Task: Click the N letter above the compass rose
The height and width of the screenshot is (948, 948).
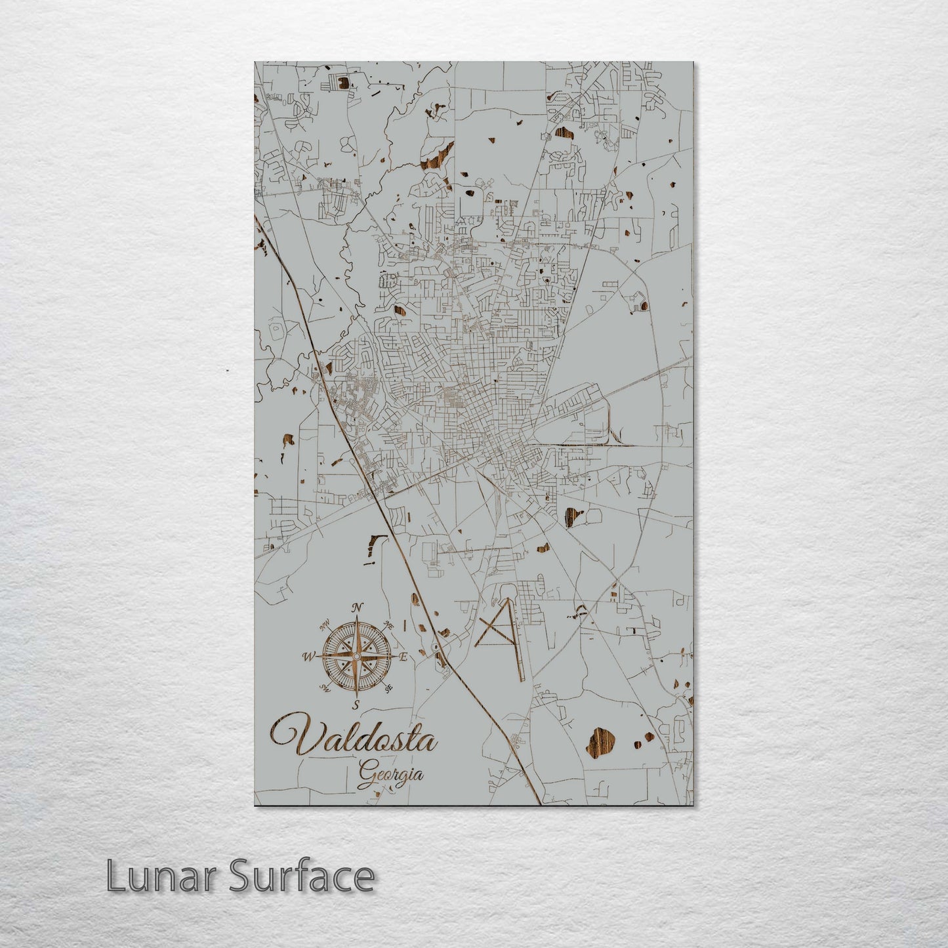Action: tap(357, 607)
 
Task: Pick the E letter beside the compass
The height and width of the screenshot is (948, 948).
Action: tap(404, 656)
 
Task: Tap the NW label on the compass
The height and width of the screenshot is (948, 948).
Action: tap(323, 626)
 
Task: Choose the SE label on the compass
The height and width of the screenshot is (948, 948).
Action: tap(388, 688)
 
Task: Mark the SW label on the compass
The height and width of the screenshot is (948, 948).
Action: tap(324, 688)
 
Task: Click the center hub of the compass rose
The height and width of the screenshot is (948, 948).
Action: tap(356, 656)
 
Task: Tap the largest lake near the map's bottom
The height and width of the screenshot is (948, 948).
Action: tap(602, 742)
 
